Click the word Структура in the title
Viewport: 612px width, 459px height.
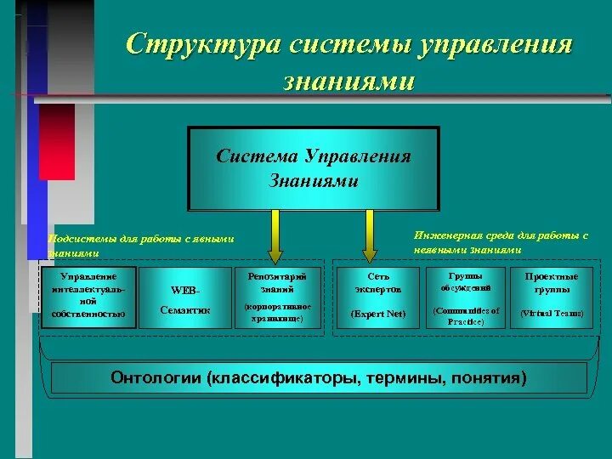201,44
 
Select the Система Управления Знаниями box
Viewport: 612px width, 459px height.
314,168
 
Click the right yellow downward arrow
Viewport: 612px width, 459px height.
369,235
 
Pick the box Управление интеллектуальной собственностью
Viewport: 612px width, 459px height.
88,296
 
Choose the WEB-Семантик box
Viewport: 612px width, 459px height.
184,297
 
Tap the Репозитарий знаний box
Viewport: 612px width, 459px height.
278,297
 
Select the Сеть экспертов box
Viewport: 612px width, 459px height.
378,297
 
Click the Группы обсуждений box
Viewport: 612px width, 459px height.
465,297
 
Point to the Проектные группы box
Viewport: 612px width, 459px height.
552,297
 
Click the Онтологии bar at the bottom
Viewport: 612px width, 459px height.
319,377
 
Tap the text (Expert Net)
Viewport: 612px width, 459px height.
378,313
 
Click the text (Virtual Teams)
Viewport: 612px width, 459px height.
552,313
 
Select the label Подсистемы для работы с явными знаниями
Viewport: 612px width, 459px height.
140,246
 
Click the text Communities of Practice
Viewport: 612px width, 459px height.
465,316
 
